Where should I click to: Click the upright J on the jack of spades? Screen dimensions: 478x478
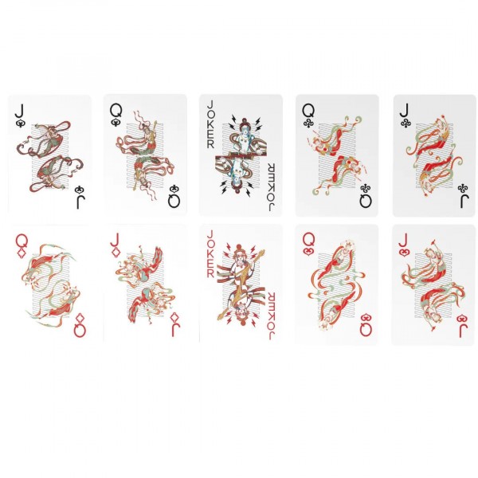coord(19,111)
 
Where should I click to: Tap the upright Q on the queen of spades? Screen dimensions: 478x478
coord(116,111)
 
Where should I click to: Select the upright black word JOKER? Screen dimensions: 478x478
coord(210,125)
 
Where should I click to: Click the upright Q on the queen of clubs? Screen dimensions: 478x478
coord(308,111)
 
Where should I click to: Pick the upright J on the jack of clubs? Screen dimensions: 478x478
coord(404,111)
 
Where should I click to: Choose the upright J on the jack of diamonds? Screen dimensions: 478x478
coord(115,240)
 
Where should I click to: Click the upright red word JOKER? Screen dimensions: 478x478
coord(210,254)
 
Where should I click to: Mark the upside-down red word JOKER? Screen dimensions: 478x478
coord(272,315)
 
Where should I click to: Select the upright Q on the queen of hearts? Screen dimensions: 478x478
coord(308,241)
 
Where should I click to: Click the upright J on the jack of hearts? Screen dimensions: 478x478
coord(404,241)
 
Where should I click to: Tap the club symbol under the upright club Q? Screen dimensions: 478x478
coord(308,123)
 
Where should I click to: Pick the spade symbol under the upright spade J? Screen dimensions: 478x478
coord(20,123)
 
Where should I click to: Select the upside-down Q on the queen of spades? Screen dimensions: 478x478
coord(174,201)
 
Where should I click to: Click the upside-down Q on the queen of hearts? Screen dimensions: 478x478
coord(366,330)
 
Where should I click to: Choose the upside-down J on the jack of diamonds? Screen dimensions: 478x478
coord(176,330)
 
